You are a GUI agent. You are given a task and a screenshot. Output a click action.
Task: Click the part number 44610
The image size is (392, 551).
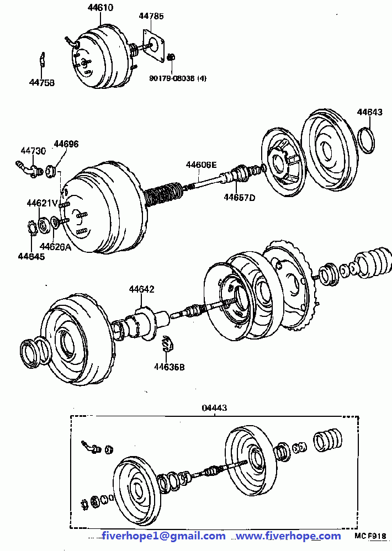(100, 7)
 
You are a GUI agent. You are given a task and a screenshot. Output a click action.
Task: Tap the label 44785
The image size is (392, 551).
(151, 16)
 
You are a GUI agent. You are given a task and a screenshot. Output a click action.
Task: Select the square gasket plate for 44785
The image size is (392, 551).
(154, 45)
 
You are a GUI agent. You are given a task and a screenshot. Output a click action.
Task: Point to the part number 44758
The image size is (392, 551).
(42, 82)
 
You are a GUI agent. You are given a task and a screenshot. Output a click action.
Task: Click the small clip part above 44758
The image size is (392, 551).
(42, 59)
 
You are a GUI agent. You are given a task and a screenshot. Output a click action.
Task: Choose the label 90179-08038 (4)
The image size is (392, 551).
(178, 78)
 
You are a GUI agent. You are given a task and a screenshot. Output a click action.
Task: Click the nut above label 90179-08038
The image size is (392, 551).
(171, 57)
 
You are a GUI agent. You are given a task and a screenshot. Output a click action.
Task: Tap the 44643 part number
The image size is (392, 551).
(369, 112)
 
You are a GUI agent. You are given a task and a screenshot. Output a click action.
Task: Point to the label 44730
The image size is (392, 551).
(33, 151)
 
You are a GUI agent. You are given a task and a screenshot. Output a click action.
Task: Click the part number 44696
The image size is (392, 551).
(66, 144)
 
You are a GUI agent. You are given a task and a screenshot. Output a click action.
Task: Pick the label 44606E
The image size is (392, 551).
(202, 165)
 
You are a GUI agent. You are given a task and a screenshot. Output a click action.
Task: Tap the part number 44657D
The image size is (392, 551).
(240, 198)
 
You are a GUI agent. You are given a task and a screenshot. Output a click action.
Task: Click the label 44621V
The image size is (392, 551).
(42, 203)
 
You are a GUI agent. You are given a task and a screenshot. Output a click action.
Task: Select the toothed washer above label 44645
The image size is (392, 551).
(33, 227)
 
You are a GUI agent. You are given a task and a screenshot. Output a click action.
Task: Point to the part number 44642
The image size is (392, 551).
(141, 289)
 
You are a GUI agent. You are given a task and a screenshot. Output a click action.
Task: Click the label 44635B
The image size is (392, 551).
(169, 367)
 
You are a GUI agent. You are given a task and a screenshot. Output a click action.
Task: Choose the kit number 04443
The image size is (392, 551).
(214, 407)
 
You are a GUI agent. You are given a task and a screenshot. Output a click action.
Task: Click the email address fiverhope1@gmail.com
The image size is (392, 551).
(163, 536)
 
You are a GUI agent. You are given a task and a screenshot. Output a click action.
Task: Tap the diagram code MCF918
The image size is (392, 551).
(370, 536)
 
